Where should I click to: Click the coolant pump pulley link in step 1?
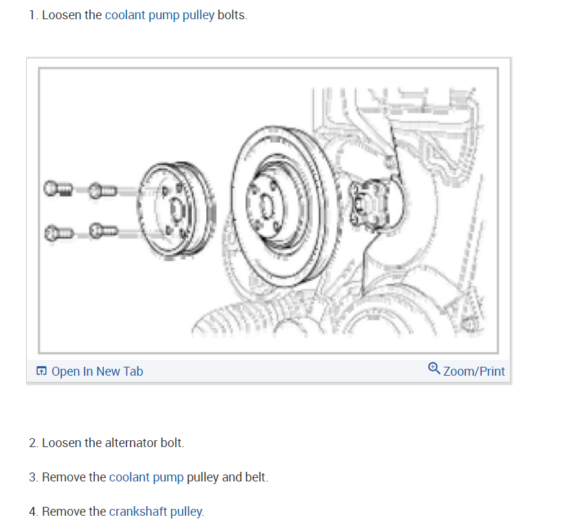point(159,15)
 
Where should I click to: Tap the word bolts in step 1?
point(231,15)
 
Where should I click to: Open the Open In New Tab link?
point(97,372)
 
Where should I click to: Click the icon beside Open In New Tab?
point(42,372)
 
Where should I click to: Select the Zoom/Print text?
point(474,372)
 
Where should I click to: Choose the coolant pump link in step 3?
point(146,477)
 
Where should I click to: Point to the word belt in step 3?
point(255,477)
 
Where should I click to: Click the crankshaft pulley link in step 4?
point(155,512)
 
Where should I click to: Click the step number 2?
point(33,443)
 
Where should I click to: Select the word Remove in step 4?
point(63,512)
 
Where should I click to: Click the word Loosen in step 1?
point(63,15)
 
